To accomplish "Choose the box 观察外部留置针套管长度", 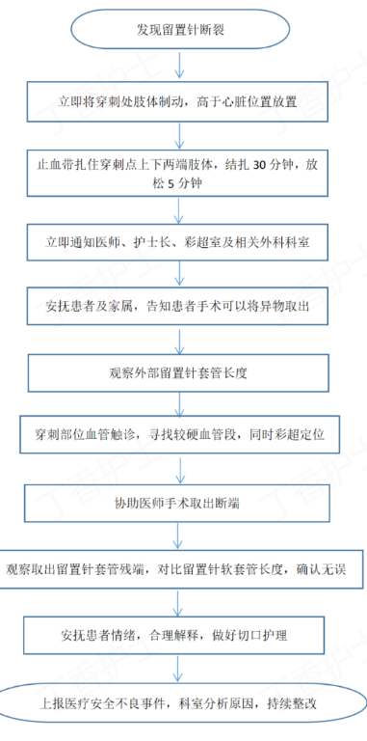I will coord(181,370).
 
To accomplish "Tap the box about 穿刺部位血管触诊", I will coord(181,435).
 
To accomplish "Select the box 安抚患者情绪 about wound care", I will coord(181,634).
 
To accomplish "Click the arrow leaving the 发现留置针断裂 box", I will coord(182,65).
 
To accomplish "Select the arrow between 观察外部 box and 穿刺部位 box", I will coord(182,402).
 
